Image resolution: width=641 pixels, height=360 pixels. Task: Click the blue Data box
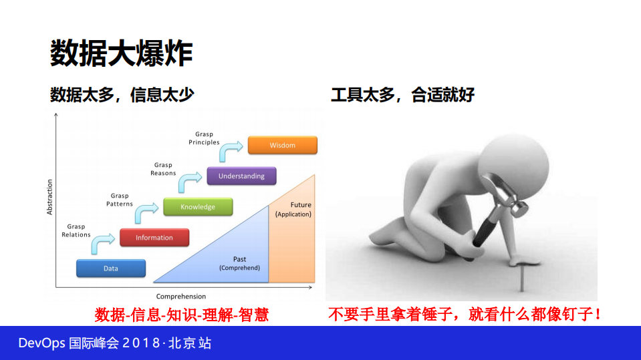[x=111, y=268]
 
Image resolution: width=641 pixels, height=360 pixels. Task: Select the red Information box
[x=154, y=238]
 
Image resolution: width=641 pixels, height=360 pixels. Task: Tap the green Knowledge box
[x=198, y=207]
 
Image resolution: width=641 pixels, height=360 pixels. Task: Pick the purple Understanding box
[x=241, y=176]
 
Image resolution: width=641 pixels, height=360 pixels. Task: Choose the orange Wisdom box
[x=282, y=146]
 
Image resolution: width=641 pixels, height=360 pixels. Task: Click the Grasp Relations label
[x=76, y=230]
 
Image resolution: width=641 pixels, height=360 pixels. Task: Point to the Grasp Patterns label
[x=120, y=200]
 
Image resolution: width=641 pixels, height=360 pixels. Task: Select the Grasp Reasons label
[x=163, y=169]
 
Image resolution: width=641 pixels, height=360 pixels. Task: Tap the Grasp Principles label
[x=204, y=138]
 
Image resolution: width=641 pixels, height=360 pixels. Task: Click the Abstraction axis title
[x=49, y=197]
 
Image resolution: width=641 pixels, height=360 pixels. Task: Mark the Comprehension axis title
[x=181, y=297]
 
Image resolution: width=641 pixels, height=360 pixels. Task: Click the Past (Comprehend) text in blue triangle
[x=239, y=263]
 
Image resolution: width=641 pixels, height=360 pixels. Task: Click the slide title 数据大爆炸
[x=122, y=53]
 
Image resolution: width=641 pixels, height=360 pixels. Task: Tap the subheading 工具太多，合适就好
[x=402, y=95]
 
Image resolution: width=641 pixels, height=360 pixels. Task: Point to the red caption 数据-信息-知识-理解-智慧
[x=182, y=315]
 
